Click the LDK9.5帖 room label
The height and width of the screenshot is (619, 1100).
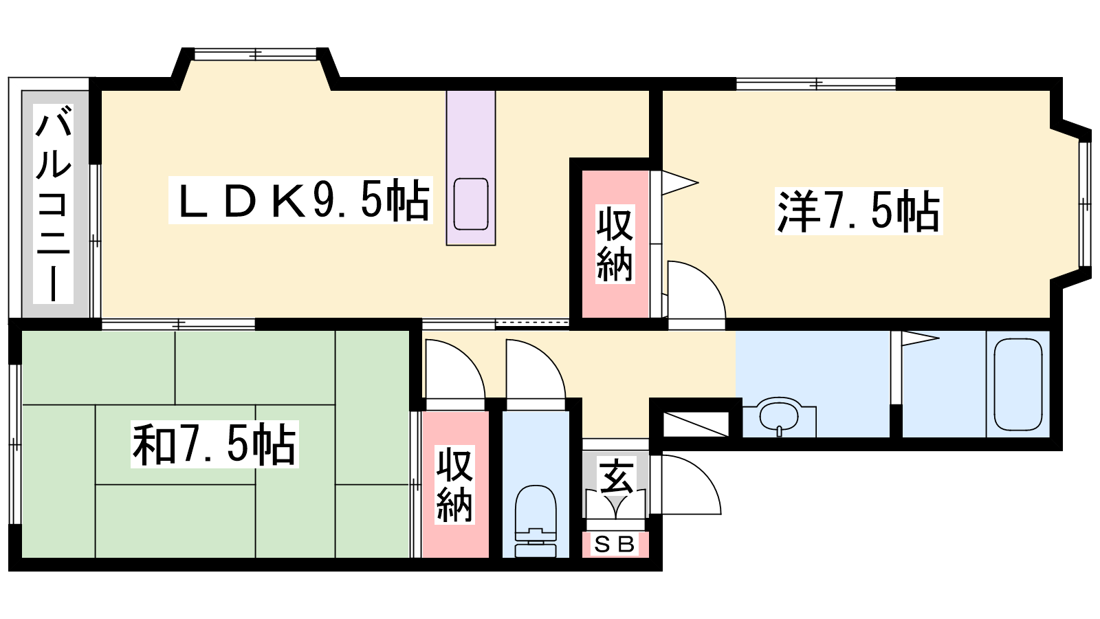(x=300, y=200)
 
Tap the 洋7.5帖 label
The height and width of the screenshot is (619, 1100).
(x=859, y=210)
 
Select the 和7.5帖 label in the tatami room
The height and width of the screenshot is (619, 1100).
(x=214, y=444)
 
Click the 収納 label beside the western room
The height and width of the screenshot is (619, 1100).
(x=615, y=243)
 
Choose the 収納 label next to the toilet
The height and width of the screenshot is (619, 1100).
(x=455, y=484)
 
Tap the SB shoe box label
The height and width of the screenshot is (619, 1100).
(x=615, y=544)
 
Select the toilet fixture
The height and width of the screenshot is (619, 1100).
(x=536, y=521)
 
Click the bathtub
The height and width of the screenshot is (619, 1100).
(x=1018, y=384)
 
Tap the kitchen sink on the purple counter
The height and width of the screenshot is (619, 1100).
(x=470, y=204)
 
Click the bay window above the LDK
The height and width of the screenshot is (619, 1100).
(x=255, y=54)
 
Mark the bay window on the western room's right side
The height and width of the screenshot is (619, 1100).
(x=1086, y=204)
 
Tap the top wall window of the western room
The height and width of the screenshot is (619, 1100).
(x=816, y=84)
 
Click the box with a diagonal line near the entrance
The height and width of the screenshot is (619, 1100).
(x=696, y=424)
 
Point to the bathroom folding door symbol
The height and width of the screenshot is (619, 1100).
(x=914, y=338)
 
